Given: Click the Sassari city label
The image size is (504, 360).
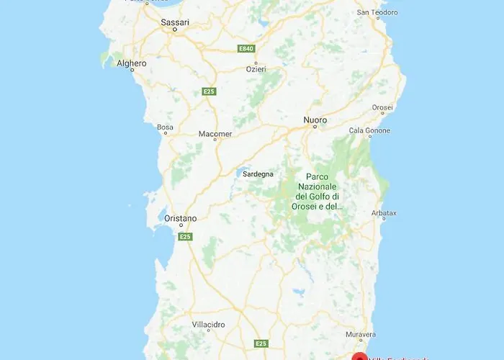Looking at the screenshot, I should coord(175,22).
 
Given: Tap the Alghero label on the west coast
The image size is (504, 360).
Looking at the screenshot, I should coord(131,63).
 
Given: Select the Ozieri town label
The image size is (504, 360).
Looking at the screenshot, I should coord(255,68).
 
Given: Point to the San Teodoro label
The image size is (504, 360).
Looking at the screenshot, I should coord(378,12).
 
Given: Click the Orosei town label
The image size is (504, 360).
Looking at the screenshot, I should coord(382,107).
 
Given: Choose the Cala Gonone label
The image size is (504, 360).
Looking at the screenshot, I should coord(369,130).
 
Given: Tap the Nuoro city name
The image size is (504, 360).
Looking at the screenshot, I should coord(315,120).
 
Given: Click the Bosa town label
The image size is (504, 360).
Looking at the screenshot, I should coord(165,127).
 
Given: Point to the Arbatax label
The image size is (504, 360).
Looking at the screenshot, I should coord(382,213).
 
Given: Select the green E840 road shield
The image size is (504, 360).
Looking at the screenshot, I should coord(247,48).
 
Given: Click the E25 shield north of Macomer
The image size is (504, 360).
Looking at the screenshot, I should coord(209,91).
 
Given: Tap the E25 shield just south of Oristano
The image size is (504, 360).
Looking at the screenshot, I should coord(185,236).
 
